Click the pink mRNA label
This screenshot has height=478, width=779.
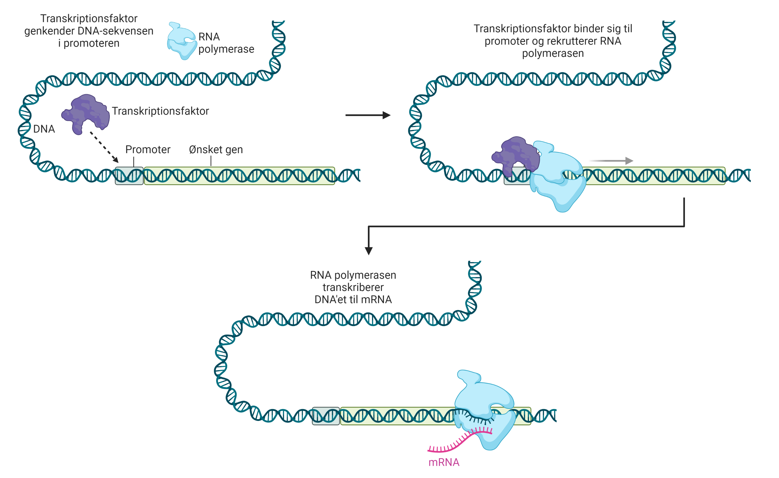tap(444, 463)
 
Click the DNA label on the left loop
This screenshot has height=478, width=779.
tap(44, 129)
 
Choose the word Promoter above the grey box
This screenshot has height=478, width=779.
tap(148, 150)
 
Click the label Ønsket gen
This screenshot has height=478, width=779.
tap(216, 150)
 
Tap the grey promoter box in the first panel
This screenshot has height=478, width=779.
tap(129, 176)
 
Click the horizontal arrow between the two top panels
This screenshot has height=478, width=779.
tap(368, 115)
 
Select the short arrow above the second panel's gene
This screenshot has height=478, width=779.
tap(611, 161)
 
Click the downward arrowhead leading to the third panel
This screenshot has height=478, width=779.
tap(369, 251)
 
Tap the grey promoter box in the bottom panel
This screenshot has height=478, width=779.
tap(326, 416)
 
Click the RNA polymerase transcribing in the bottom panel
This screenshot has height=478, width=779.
tap(484, 408)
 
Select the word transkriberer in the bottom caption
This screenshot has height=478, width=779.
tap(353, 287)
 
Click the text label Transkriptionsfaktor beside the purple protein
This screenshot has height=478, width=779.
tap(160, 111)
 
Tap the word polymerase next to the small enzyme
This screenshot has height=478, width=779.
tap(226, 49)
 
